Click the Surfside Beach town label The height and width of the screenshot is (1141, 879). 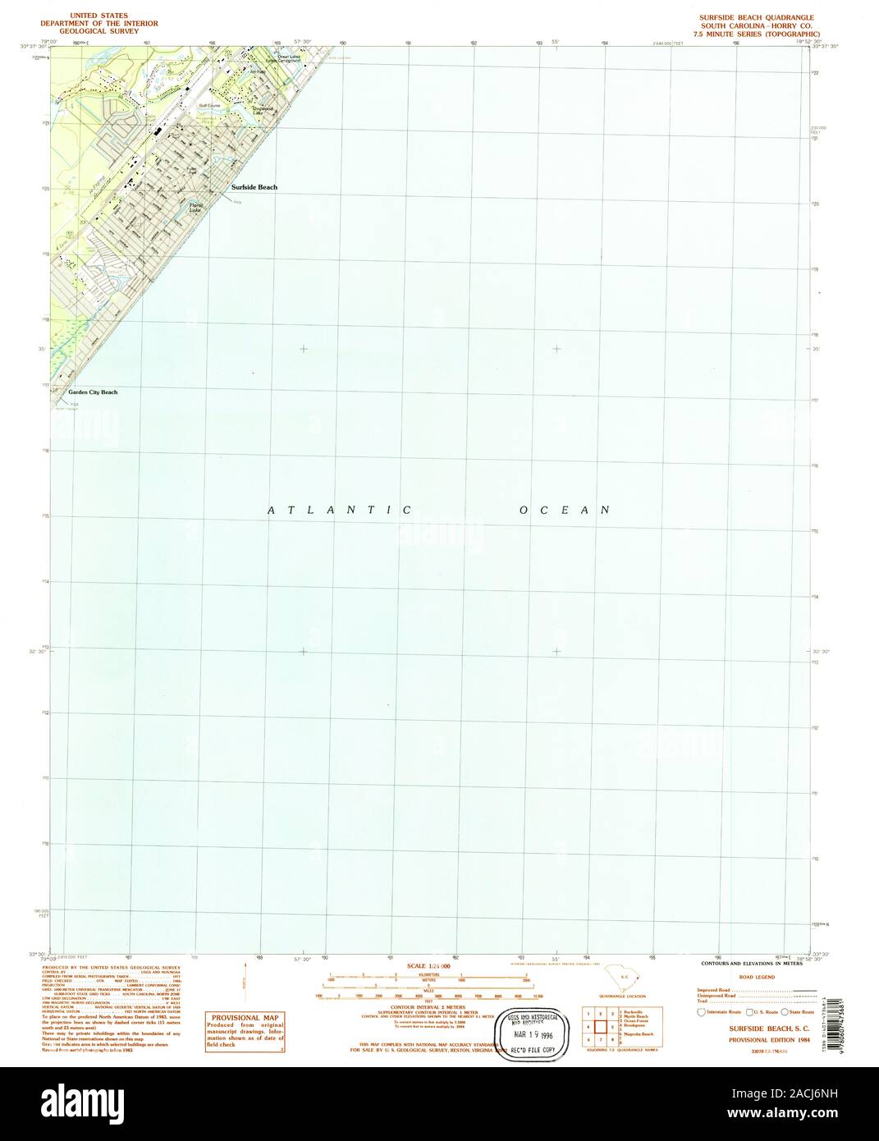click(x=254, y=187)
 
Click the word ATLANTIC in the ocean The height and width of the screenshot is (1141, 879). click(x=340, y=511)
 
